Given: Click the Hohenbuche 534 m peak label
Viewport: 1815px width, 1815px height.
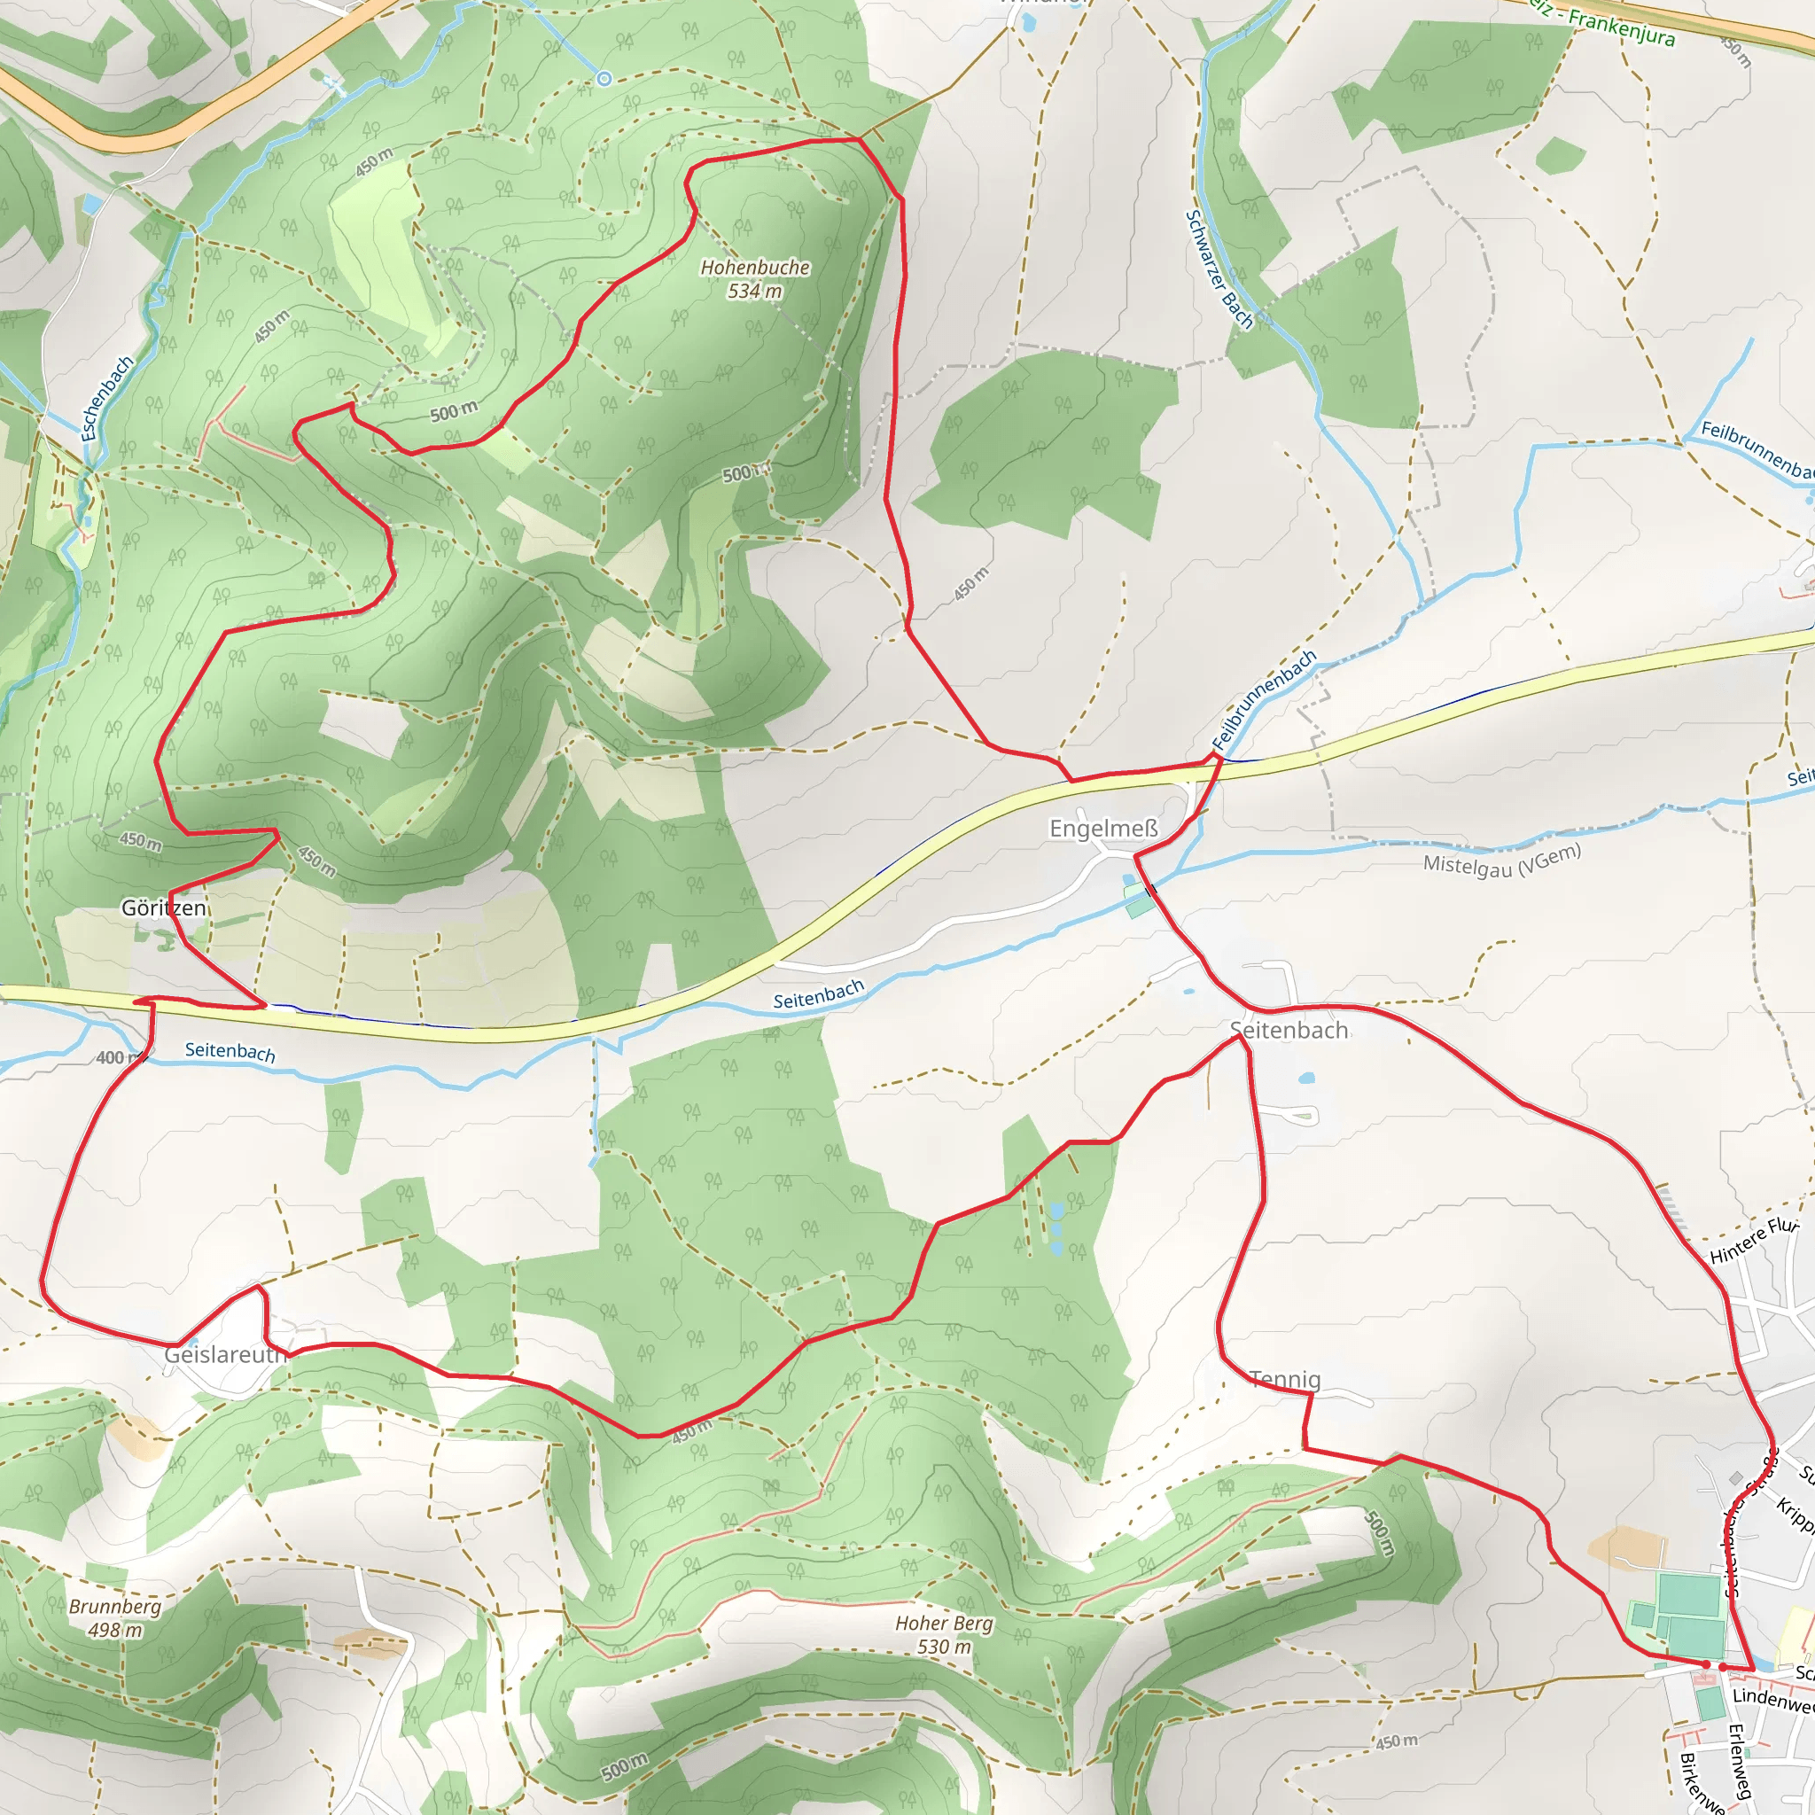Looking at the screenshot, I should [x=754, y=279].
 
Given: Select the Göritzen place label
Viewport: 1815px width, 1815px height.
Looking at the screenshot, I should [x=163, y=907].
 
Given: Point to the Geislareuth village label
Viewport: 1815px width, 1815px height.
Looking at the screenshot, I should [x=224, y=1354].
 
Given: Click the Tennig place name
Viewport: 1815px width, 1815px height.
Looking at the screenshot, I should [x=1285, y=1379].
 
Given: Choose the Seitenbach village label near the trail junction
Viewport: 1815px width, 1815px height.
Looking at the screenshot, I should [x=1289, y=1031].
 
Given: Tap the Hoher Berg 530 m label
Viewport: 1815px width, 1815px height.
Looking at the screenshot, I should [x=943, y=1633].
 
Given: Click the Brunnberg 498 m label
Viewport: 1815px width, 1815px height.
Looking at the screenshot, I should [x=114, y=1617].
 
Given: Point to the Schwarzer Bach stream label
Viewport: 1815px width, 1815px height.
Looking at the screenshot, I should [x=1219, y=269].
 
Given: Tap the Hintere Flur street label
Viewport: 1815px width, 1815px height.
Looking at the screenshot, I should [x=1753, y=1240].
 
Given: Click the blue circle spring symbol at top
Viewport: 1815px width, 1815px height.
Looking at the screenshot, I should [x=604, y=79].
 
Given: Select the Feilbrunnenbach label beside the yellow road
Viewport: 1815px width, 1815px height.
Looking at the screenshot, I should [x=1264, y=699].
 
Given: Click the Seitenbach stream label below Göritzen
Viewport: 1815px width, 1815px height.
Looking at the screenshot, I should [x=230, y=1051].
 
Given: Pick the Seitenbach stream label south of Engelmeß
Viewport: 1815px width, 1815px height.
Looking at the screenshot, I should [x=817, y=994].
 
